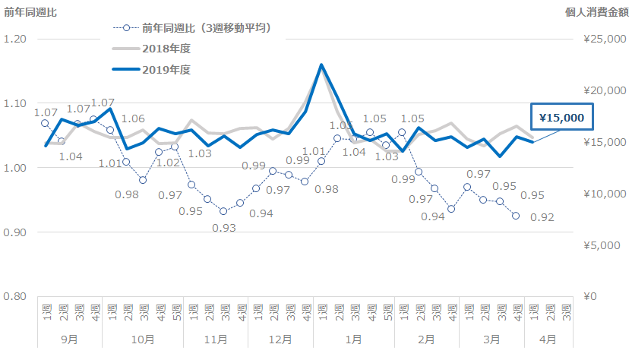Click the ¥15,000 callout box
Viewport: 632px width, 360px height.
561,118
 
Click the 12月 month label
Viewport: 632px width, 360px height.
280,339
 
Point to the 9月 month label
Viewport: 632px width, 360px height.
69,339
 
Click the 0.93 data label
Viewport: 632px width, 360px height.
224,227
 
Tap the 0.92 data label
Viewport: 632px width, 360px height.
542,218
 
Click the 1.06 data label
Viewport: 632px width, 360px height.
134,119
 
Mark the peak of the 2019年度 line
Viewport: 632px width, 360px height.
321,65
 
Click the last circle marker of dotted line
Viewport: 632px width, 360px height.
516,216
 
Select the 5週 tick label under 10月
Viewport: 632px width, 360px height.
175,311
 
